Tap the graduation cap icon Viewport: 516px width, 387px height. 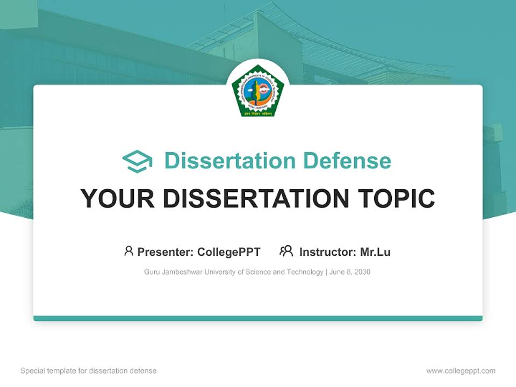[137, 161]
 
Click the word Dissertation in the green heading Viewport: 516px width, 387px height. [230, 161]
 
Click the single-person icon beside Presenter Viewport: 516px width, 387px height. [128, 251]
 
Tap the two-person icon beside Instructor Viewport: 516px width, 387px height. [286, 251]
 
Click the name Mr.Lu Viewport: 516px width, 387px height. [375, 252]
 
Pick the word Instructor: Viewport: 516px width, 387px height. [327, 252]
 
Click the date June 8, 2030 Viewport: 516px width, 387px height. [349, 272]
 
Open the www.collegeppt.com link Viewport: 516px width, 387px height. [461, 371]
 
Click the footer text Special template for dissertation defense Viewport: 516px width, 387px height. [89, 371]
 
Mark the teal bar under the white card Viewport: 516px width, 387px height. [258, 318]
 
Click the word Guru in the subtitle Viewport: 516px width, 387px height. [152, 272]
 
